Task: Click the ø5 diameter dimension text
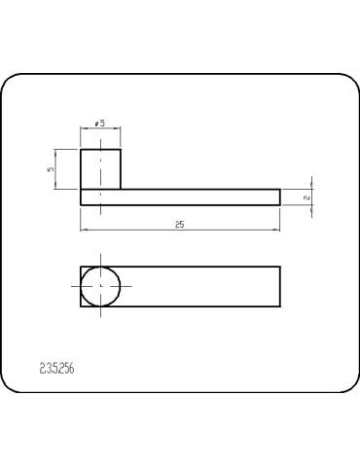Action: click(x=100, y=125)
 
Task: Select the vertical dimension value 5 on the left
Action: click(x=50, y=169)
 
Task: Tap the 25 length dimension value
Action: click(x=180, y=224)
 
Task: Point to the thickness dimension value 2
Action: click(x=306, y=198)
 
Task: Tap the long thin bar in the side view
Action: click(x=195, y=198)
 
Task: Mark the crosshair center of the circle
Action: click(x=101, y=287)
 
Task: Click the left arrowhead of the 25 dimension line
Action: click(x=84, y=230)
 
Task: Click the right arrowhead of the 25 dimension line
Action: click(x=278, y=230)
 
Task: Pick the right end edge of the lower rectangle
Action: click(x=281, y=287)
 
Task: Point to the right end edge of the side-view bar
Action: click(x=281, y=198)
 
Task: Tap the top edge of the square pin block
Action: click(x=101, y=149)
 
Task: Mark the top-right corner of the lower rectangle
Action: click(x=281, y=267)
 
